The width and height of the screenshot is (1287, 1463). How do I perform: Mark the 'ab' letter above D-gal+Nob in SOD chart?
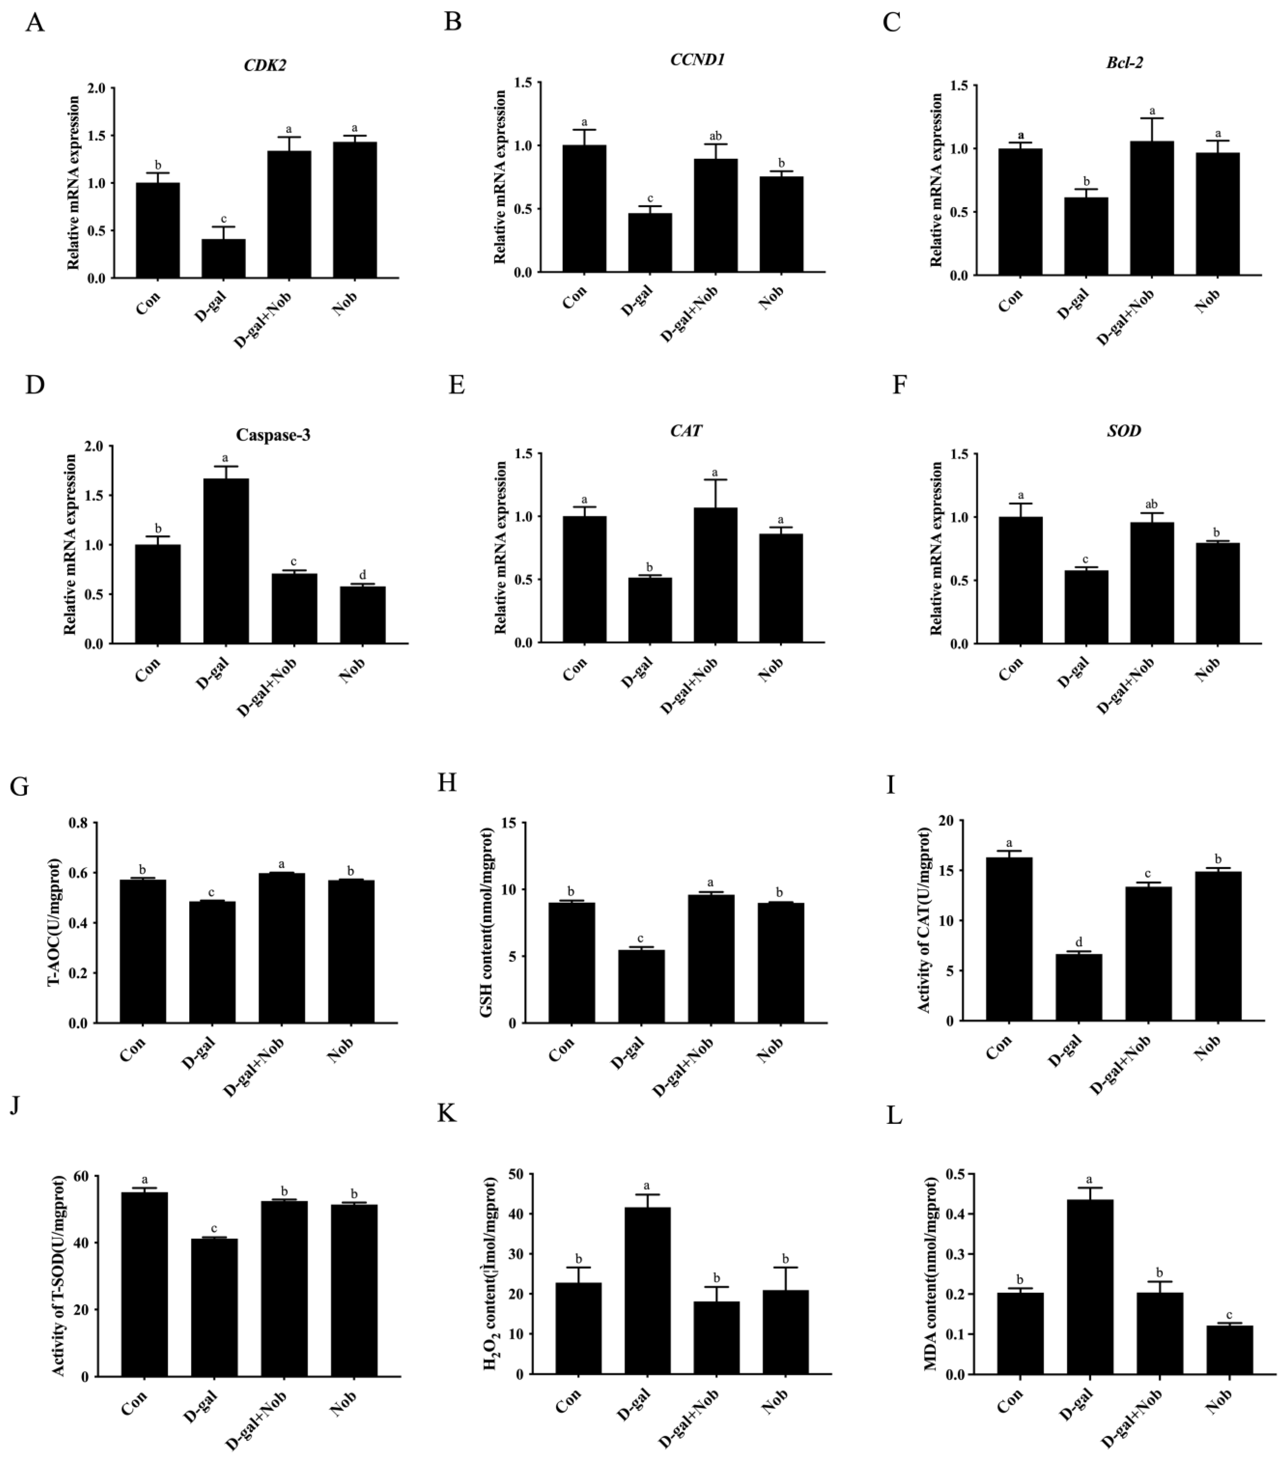[1152, 504]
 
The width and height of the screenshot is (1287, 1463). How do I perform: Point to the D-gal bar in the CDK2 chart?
[223, 258]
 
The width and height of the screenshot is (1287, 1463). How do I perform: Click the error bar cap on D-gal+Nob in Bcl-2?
[1152, 118]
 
